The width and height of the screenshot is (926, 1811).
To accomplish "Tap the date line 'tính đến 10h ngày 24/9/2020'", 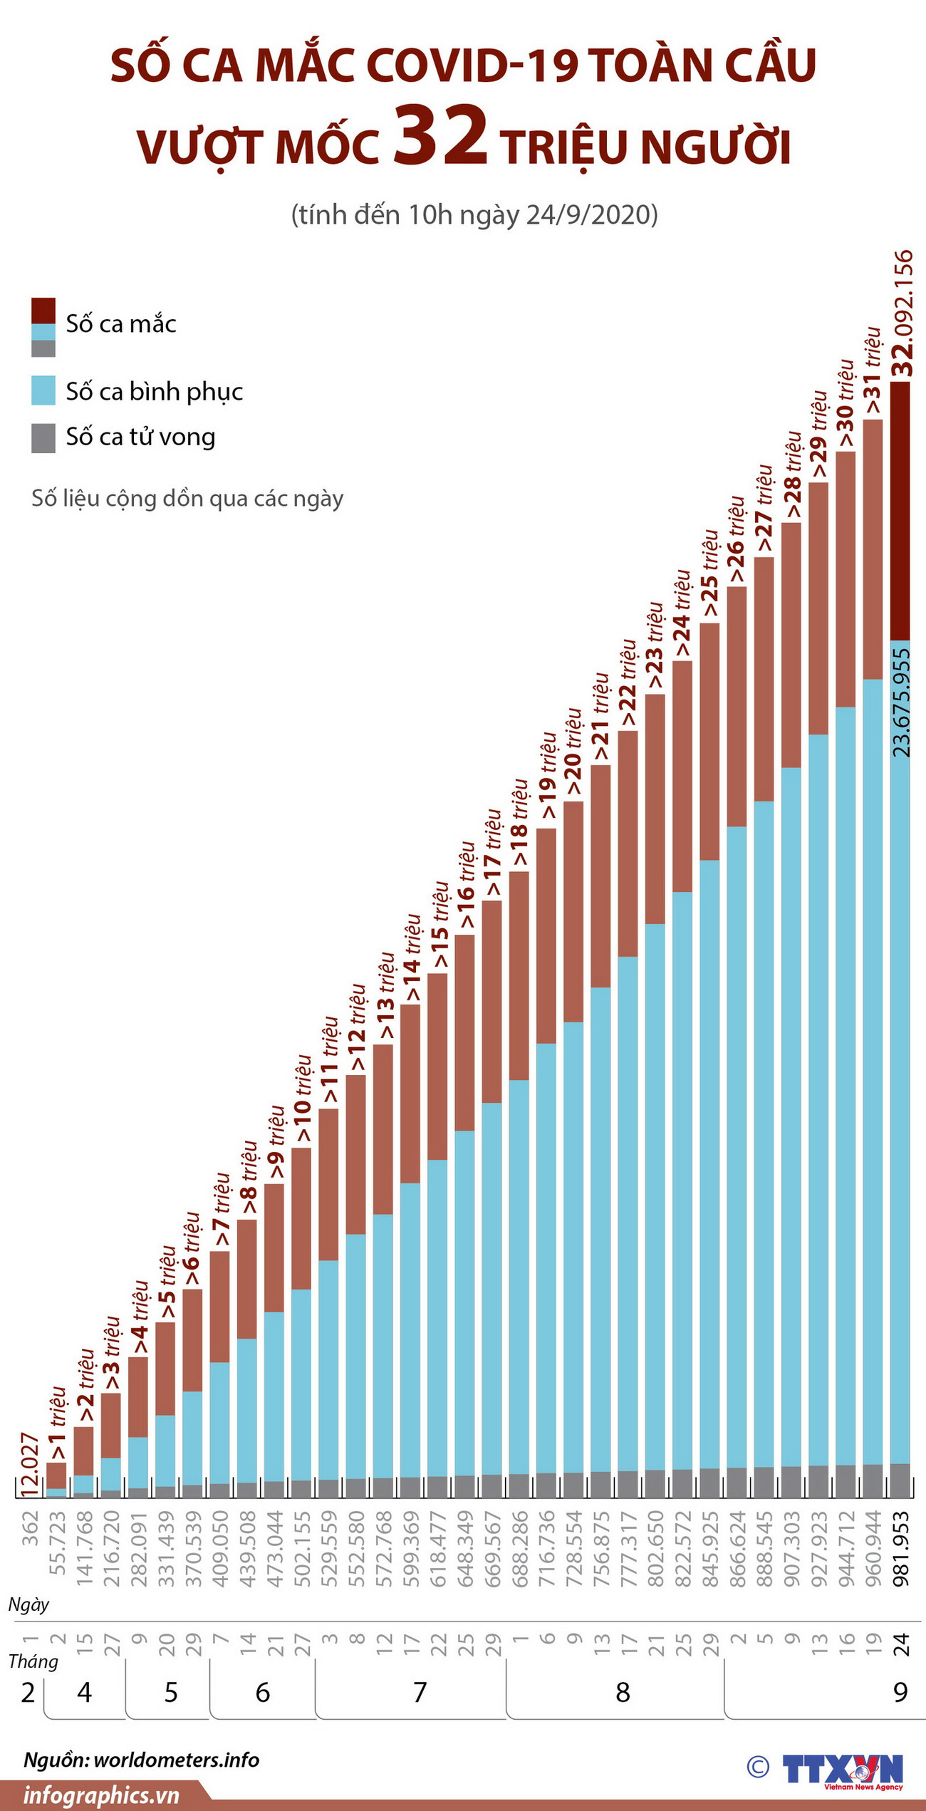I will pos(474,214).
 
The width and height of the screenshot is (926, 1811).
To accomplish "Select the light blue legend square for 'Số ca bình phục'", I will pos(43,390).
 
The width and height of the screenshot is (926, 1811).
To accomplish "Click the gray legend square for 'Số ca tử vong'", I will pos(43,437).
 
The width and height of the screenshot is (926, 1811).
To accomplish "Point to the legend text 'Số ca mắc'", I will pos(121,324).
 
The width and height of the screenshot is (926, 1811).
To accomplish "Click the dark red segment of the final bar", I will pos(900,511).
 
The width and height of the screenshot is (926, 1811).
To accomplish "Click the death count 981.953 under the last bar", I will pos(902,1539).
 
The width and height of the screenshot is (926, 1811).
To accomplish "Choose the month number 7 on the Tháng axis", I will pos(420,1693).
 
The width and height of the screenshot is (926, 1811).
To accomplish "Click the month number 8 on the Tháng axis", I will pos(623,1693).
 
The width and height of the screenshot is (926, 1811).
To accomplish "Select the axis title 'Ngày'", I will pos(29,1604).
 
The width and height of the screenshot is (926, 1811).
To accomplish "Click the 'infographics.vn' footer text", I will pos(102,1796).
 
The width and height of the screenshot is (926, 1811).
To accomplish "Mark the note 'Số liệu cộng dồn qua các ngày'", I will pos(187,498).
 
